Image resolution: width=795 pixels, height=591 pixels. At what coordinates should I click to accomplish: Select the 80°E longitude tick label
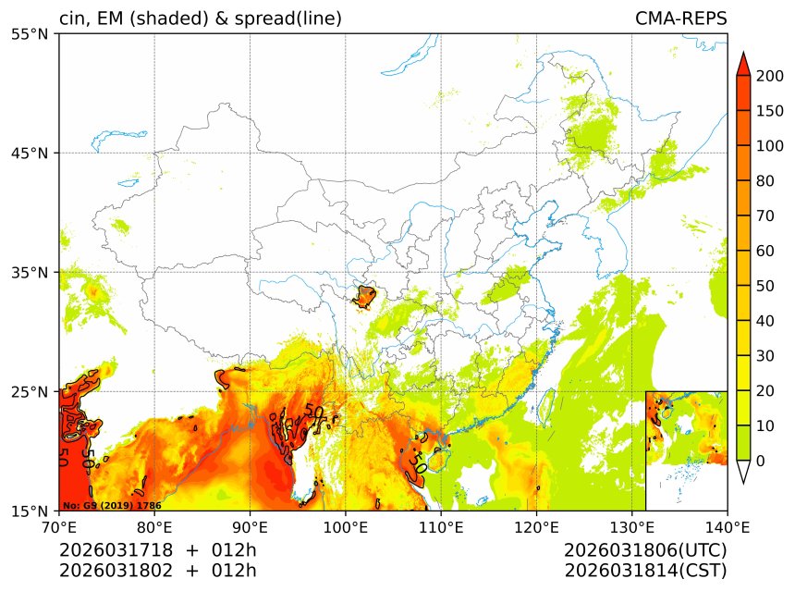click(x=154, y=527)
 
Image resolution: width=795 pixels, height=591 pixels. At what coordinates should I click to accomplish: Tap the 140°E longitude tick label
click(x=727, y=527)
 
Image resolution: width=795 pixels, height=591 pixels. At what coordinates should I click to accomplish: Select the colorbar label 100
click(x=769, y=146)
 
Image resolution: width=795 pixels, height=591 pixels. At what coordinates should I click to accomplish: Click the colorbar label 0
click(x=760, y=461)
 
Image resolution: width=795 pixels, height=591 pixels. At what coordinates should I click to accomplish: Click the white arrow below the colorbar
click(x=742, y=472)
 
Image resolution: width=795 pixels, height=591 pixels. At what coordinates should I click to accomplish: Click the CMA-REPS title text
click(x=680, y=18)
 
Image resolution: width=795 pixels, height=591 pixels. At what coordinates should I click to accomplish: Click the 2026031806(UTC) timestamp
click(x=645, y=550)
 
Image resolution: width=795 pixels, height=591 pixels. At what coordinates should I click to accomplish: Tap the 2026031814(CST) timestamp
click(x=645, y=571)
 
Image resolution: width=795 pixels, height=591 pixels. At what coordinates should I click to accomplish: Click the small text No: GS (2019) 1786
click(x=112, y=506)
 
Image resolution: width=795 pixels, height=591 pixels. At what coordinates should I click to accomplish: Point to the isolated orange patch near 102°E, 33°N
click(x=364, y=297)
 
